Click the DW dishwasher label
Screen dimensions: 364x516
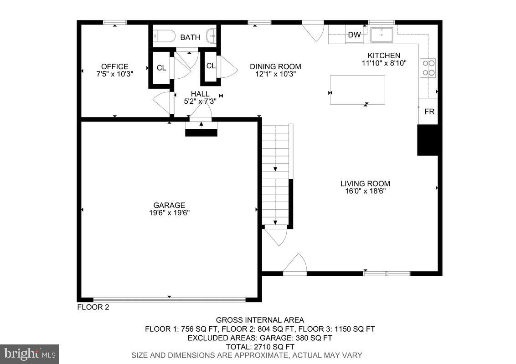click(354, 35)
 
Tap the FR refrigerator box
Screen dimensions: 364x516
click(429, 111)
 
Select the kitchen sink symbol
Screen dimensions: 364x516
click(382, 34)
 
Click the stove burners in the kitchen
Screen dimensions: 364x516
click(428, 67)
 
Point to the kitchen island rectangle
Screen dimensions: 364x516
click(357, 90)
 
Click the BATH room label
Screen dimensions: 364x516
click(190, 37)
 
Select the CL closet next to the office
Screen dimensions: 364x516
click(161, 69)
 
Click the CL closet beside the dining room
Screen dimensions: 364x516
click(210, 66)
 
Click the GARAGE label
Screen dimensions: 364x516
click(169, 205)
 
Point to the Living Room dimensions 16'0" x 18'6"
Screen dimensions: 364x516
click(365, 191)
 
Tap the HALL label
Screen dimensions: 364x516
click(200, 94)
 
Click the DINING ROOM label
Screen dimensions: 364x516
click(275, 66)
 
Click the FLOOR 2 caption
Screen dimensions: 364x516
click(93, 307)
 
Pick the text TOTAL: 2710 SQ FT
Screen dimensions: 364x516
click(260, 347)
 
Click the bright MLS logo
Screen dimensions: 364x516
click(30, 354)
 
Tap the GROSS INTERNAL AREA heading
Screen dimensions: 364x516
click(260, 320)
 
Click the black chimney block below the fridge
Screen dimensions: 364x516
click(428, 140)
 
